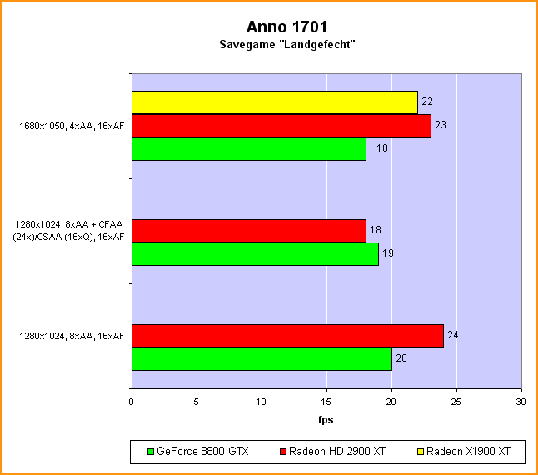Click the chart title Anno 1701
click(x=269, y=27)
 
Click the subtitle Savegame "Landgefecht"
click(x=269, y=45)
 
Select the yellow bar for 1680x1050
click(x=274, y=102)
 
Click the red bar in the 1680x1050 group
click(x=281, y=126)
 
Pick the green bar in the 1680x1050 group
click(x=248, y=148)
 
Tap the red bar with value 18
click(x=248, y=230)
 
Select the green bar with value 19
click(x=255, y=253)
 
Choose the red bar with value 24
click(x=287, y=335)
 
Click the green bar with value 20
click(x=262, y=358)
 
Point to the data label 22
click(x=427, y=102)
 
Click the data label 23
click(x=441, y=125)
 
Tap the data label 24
click(x=454, y=335)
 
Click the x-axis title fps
click(x=326, y=419)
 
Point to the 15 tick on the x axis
click(x=326, y=401)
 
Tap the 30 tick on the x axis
click(x=521, y=401)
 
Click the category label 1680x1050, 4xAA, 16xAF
click(x=72, y=127)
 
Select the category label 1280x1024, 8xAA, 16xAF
click(x=72, y=336)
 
